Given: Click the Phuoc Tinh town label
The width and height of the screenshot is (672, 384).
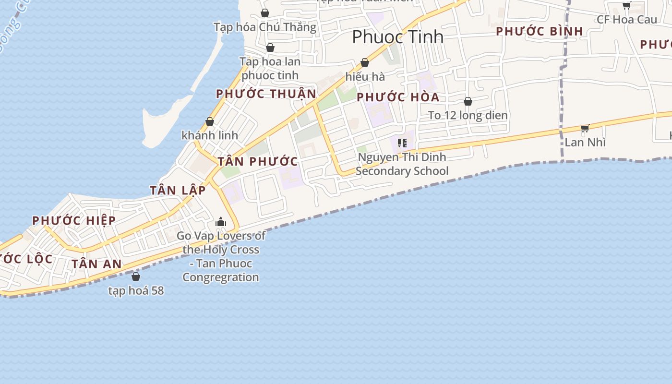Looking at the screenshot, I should click(397, 37).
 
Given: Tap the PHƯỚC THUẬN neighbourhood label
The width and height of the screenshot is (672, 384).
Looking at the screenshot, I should click(266, 94).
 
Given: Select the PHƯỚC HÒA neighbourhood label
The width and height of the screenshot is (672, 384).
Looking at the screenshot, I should click(398, 97).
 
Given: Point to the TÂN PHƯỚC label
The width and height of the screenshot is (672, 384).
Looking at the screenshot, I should click(258, 161).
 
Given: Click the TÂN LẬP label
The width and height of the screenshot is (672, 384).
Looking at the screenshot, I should click(178, 190).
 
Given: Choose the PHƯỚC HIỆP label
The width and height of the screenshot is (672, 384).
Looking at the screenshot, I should click(74, 220).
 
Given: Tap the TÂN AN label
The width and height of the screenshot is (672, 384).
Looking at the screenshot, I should click(96, 264).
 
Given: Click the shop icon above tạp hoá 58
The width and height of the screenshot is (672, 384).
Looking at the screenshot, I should click(136, 276).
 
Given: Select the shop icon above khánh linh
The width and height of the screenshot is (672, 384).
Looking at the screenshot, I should click(210, 121).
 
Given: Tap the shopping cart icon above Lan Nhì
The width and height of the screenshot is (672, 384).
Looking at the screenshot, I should click(585, 128).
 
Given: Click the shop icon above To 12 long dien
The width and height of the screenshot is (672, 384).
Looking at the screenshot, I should click(468, 101).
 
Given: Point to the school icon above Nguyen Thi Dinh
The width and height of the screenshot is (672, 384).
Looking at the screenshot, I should click(402, 143).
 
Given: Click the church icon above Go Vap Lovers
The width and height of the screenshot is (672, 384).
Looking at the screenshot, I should click(221, 222).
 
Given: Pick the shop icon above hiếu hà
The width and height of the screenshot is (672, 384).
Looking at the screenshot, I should click(365, 62).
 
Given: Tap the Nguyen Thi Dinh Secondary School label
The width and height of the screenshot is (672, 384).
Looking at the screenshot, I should click(402, 164).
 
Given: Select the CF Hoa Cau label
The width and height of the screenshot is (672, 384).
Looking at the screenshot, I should click(626, 19).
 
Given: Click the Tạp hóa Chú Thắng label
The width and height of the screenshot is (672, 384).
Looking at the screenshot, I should click(265, 27).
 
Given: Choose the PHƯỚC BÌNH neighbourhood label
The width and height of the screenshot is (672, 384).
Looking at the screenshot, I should click(540, 31).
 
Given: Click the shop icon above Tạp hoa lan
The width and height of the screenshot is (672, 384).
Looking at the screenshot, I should click(270, 48).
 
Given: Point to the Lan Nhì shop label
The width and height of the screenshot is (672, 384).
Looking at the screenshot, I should click(585, 142).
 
